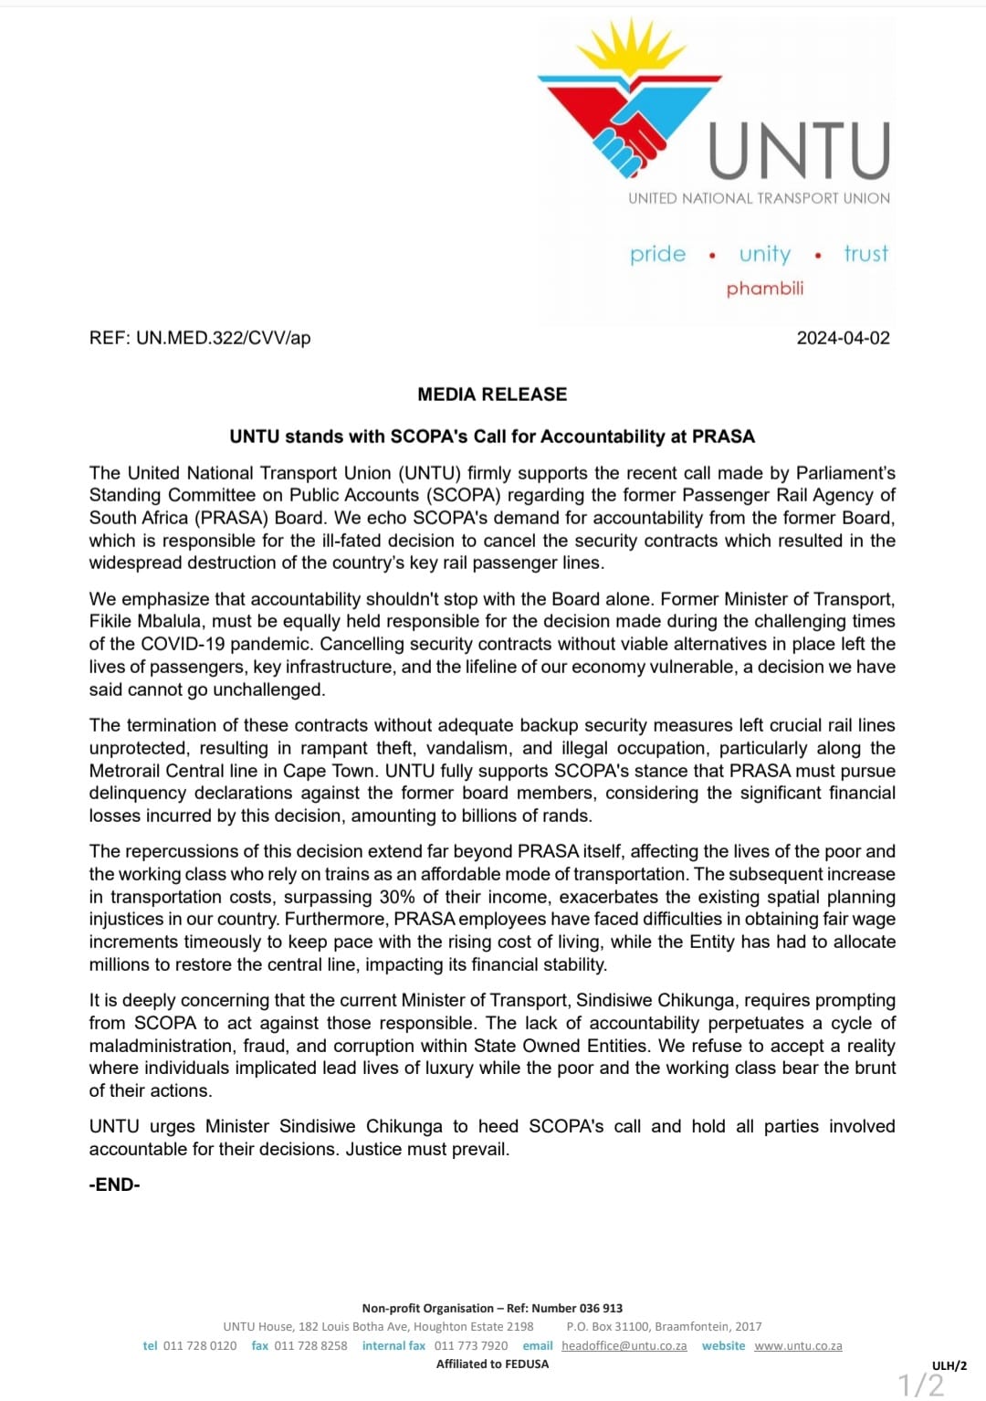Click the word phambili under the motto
765,289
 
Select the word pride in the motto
657,254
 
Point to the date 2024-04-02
843,338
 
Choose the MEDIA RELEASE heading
492,395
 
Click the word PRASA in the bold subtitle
723,437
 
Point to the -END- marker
114,1185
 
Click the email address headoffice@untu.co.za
624,1346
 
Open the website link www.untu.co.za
798,1346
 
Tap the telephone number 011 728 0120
200,1346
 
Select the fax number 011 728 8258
310,1346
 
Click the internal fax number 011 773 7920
471,1346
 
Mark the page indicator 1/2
921,1385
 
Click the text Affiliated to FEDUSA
492,1364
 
